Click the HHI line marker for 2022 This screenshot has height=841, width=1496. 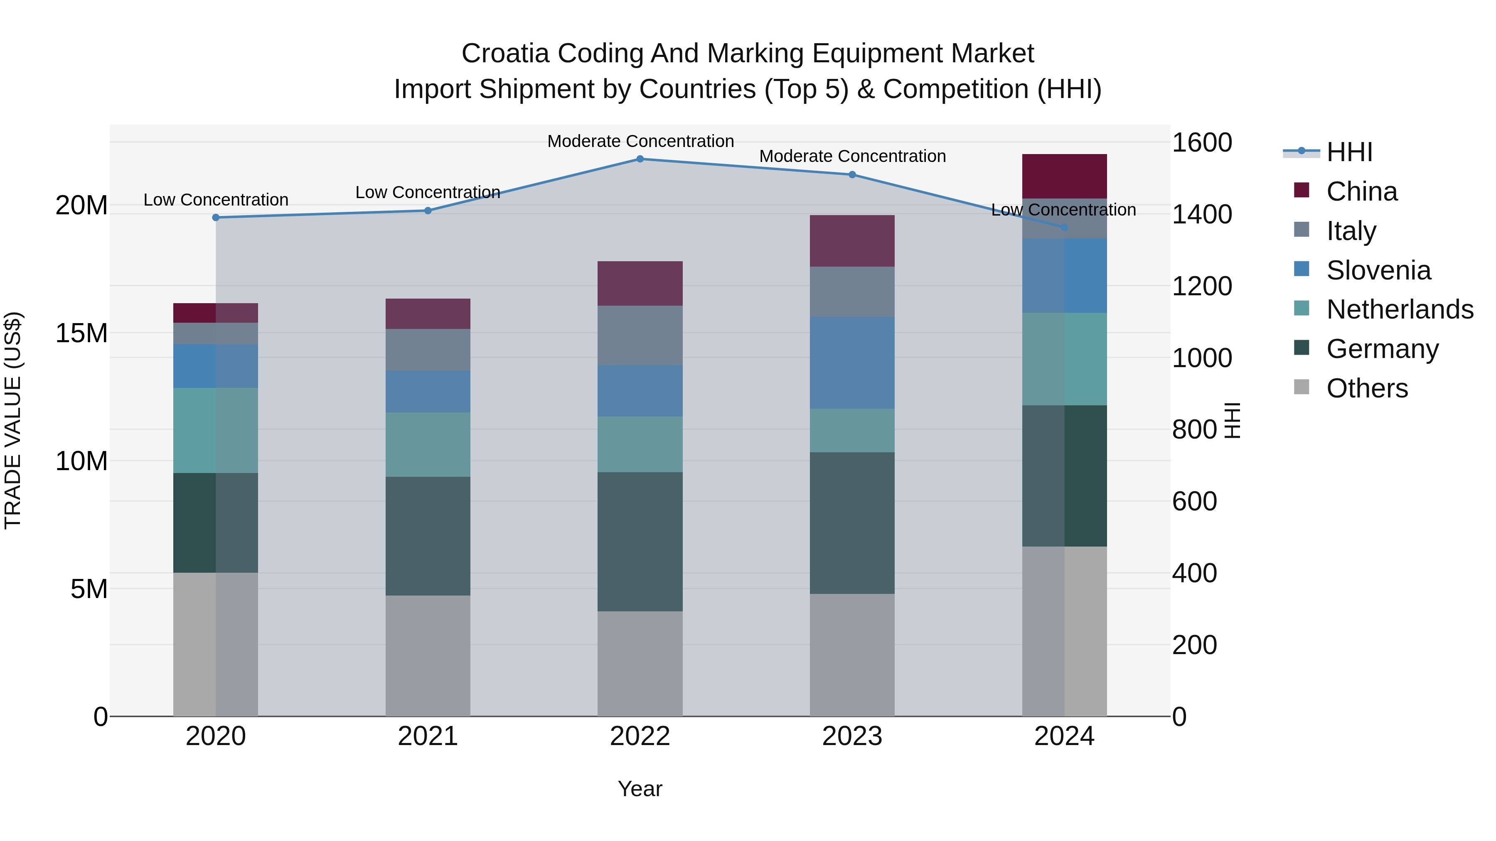640,159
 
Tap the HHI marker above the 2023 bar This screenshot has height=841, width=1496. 852,175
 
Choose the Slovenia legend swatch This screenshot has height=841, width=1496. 1302,269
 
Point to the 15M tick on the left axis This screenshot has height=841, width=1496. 81,333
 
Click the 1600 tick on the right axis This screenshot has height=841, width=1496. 1201,143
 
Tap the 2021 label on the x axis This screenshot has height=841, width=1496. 428,736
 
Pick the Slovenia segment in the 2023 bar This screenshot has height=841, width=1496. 852,363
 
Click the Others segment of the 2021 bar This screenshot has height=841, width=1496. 428,655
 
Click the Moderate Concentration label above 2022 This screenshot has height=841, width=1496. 640,141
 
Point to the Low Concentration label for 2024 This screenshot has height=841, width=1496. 1063,210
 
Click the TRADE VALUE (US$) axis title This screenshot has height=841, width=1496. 13,420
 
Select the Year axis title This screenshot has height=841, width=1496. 640,789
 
